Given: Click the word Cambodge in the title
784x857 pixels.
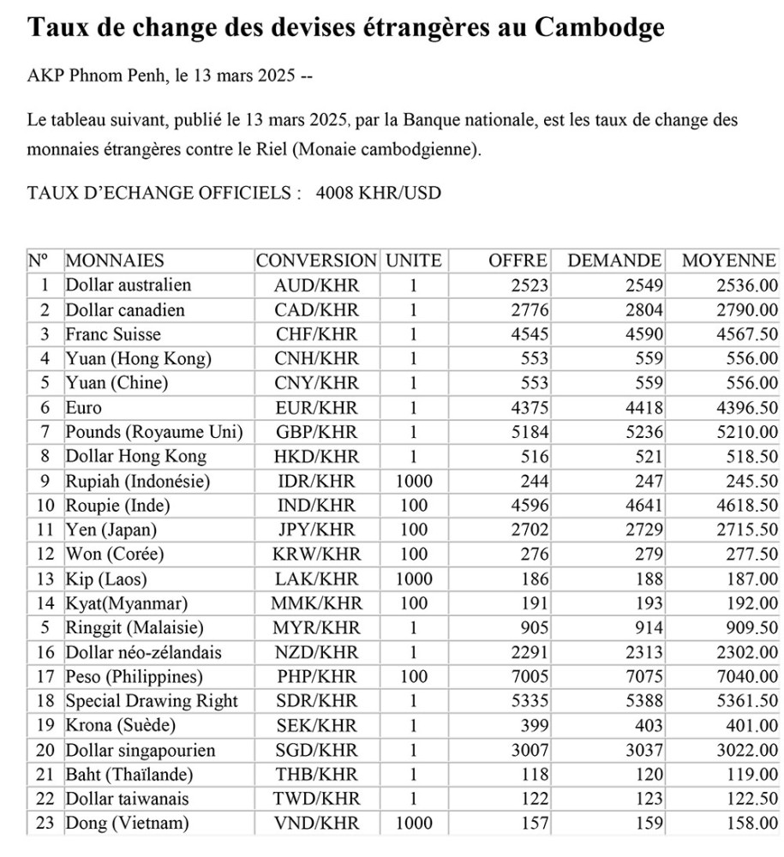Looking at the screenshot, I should point(600,27).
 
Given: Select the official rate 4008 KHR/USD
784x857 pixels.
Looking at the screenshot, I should point(378,193).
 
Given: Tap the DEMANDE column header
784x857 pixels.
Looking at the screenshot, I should point(614,261).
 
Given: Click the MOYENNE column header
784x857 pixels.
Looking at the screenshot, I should point(729,261).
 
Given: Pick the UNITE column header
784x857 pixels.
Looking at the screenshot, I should point(414,261).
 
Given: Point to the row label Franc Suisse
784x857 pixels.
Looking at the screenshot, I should point(113,334).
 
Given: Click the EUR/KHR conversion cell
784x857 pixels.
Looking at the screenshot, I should point(316,409).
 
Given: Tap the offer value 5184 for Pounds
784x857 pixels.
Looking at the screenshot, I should point(530,433).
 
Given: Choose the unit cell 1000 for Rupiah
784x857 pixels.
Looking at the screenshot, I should point(414,482).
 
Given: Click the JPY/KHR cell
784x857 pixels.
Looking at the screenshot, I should point(316,530).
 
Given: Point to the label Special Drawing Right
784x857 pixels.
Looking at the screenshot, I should point(152,701).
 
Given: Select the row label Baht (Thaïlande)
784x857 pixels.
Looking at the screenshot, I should point(129,775).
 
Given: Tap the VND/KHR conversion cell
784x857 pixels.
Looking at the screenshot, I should point(316,824).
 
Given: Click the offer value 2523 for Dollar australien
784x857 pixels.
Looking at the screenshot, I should point(530,285).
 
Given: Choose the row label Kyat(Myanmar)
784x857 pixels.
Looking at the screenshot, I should point(126,603).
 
